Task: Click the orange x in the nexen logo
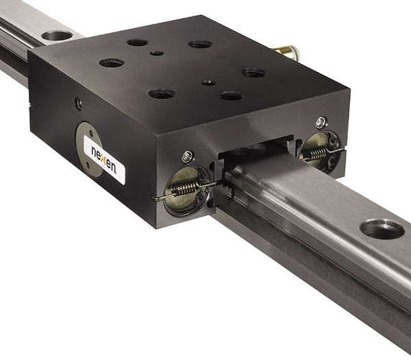point(103,160)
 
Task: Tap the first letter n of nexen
point(94,152)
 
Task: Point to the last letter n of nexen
point(113,168)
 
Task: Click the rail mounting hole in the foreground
point(382,230)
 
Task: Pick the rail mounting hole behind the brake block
point(57,36)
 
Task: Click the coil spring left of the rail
point(184,188)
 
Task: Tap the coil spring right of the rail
point(319,154)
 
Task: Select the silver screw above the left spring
point(188,156)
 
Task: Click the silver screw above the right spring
point(321,123)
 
